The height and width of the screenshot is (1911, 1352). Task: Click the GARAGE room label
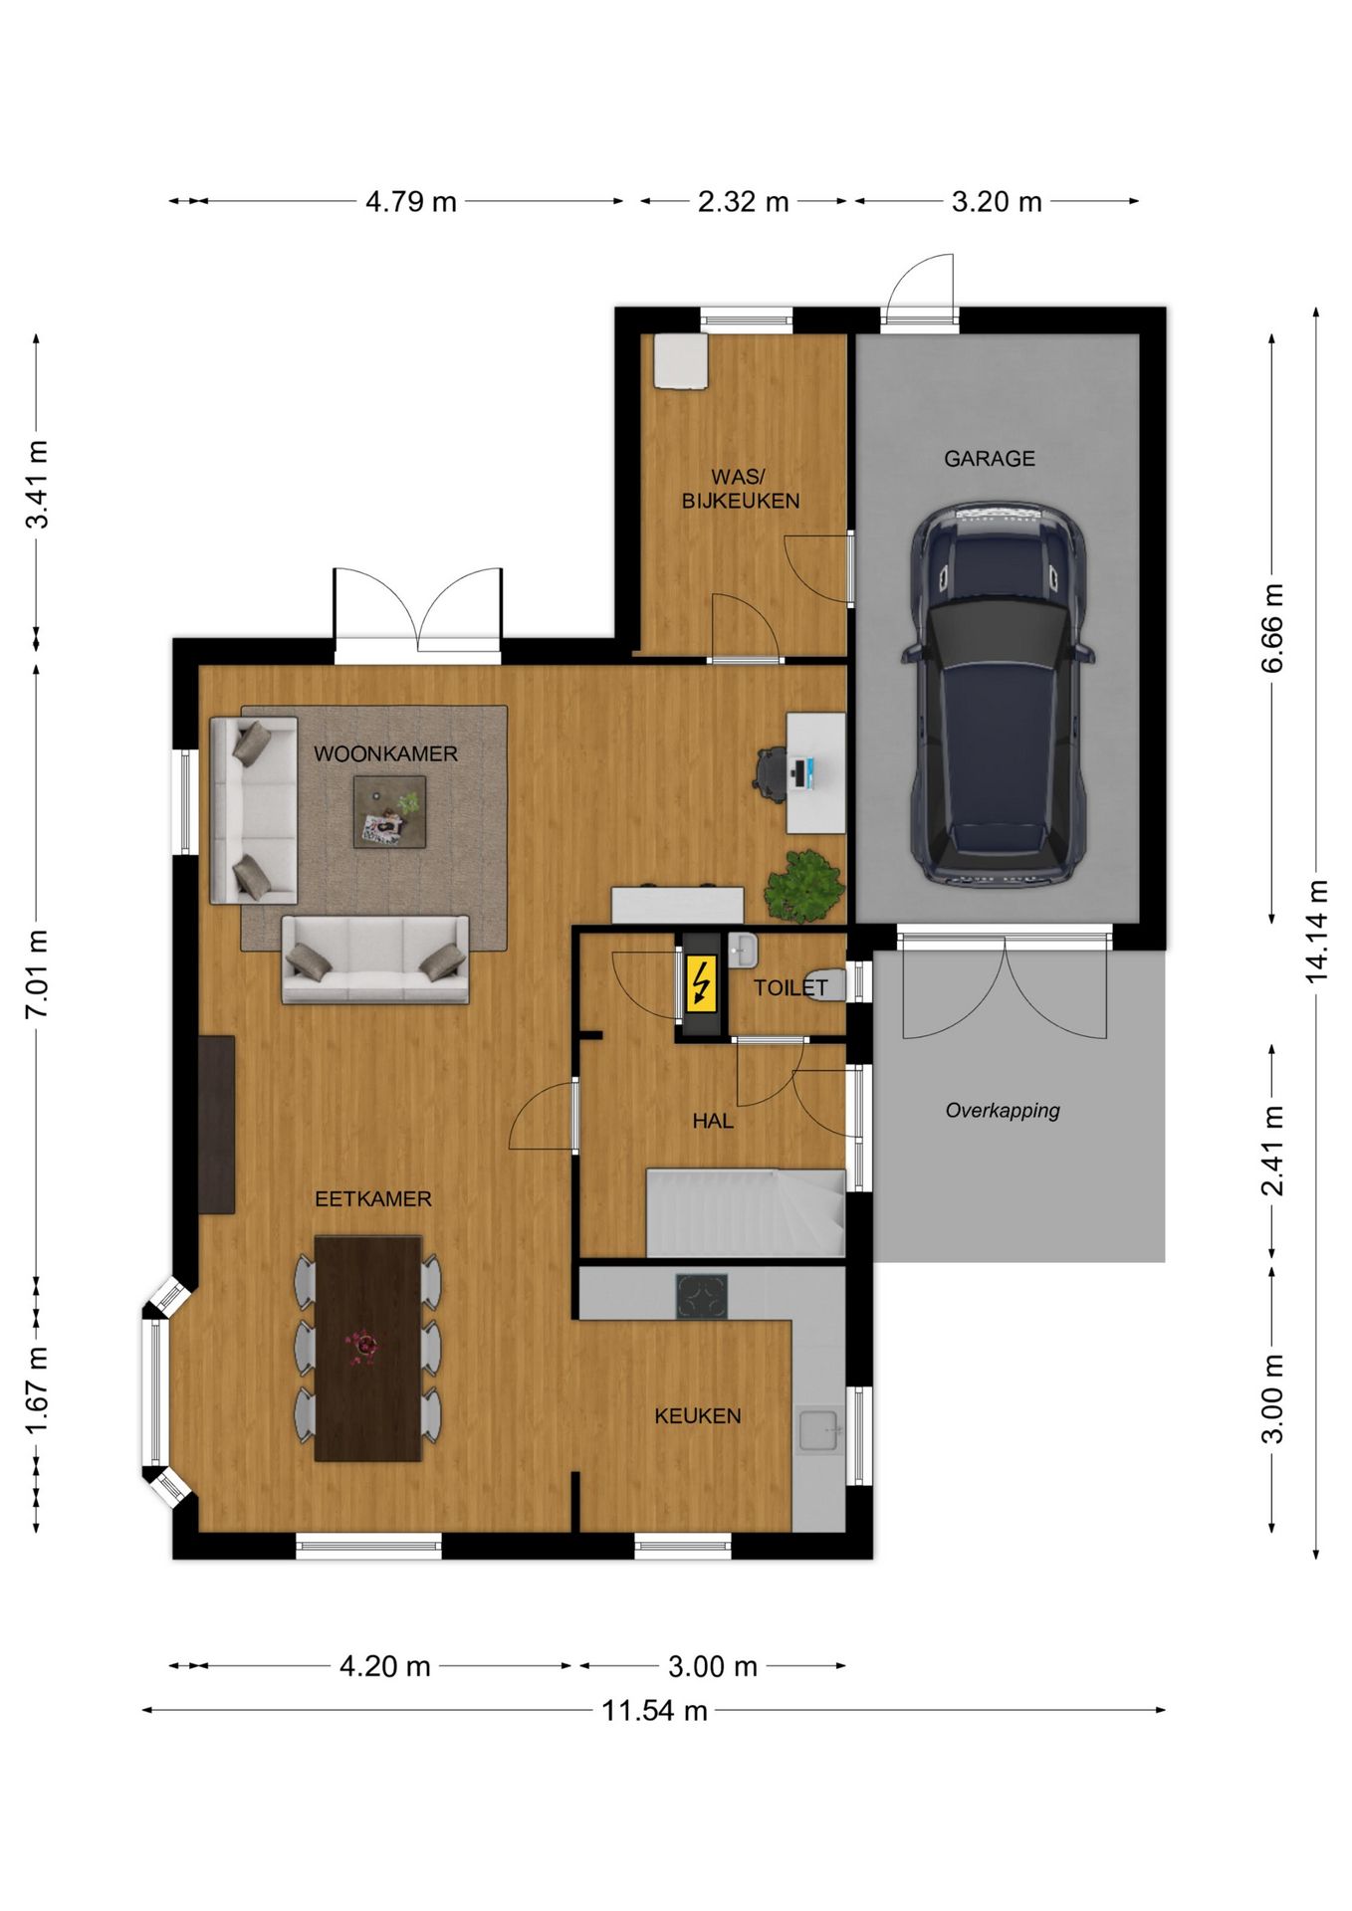tap(989, 459)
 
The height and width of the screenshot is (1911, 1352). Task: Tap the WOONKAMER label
tap(385, 753)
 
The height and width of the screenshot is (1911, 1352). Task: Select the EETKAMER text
tap(373, 1198)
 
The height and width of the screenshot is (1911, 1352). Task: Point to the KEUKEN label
tap(697, 1415)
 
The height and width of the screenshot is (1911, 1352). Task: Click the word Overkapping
tap(1003, 1111)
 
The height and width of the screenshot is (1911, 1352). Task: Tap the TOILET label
tap(790, 987)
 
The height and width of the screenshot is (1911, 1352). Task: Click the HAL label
tap(713, 1121)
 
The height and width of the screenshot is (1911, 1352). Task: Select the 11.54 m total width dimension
tap(654, 1710)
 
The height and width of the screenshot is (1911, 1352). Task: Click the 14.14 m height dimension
tap(1316, 932)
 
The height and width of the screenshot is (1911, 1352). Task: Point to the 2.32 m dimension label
tap(743, 201)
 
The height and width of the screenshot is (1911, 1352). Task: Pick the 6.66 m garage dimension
tap(1272, 628)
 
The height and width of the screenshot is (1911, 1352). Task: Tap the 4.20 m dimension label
tap(384, 1666)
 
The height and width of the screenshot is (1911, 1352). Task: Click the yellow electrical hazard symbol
tap(702, 982)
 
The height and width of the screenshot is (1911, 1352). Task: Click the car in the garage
tap(997, 694)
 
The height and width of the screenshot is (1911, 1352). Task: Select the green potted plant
tap(803, 885)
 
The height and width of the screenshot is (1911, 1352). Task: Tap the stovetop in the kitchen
tap(702, 1296)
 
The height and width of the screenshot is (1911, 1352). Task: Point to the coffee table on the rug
tap(390, 812)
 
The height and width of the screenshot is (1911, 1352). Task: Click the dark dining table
tap(368, 1349)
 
